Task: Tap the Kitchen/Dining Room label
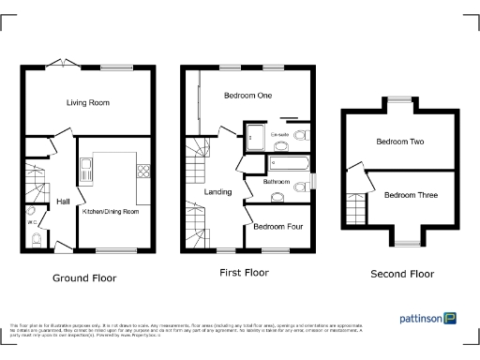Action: pyautogui.click(x=111, y=212)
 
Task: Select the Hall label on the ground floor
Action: pyautogui.click(x=63, y=202)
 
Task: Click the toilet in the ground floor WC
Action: pyautogui.click(x=35, y=240)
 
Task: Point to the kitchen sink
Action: pyautogui.click(x=86, y=170)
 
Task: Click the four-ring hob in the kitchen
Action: pyautogui.click(x=143, y=171)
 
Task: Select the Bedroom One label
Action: pyautogui.click(x=248, y=96)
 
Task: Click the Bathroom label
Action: pyautogui.click(x=277, y=181)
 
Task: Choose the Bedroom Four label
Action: pyautogui.click(x=277, y=227)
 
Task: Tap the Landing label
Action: pyautogui.click(x=218, y=192)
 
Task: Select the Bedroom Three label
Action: pyautogui.click(x=410, y=195)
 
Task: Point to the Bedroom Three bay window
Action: pyautogui.click(x=406, y=242)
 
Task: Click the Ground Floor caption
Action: pyautogui.click(x=83, y=278)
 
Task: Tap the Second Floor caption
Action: pyautogui.click(x=402, y=275)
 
